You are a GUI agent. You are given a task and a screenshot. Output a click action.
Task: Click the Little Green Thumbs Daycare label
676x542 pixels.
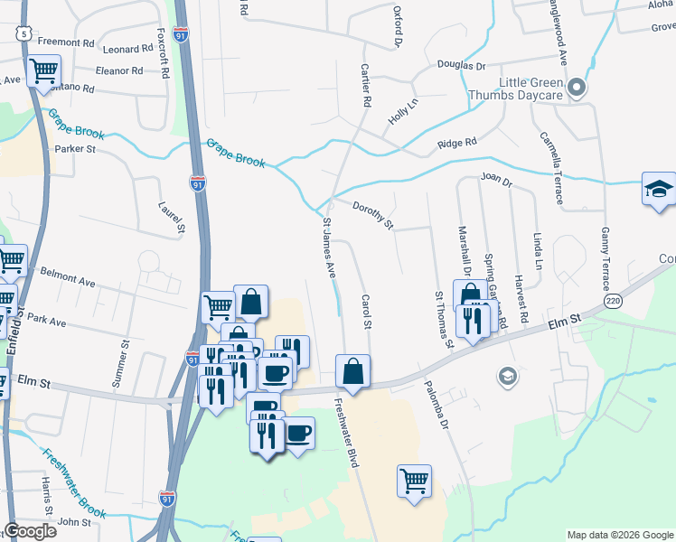[x=516, y=88]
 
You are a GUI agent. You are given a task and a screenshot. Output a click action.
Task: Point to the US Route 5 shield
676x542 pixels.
[x=23, y=33]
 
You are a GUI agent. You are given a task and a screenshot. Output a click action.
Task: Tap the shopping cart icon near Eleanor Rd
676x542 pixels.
[x=43, y=71]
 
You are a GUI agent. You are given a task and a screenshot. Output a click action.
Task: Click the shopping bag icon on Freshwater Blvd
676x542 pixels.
[x=352, y=370]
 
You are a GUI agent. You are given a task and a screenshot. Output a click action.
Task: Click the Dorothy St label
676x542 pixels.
[x=372, y=214]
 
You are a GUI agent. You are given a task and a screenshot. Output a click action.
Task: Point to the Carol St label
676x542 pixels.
[x=367, y=312]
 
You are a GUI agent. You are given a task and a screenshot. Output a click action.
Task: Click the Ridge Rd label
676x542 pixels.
[x=456, y=144]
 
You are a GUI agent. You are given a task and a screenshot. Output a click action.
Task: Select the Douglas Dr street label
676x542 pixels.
[x=462, y=66]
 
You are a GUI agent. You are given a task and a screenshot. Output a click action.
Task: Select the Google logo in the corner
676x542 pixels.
[x=31, y=531]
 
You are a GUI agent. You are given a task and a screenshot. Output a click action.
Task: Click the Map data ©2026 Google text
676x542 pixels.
[x=619, y=535]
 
